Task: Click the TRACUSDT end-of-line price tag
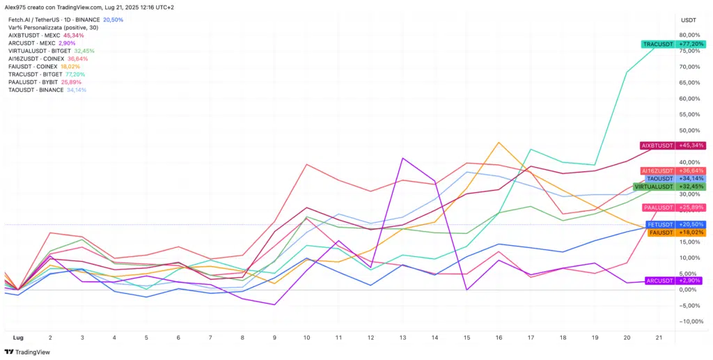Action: [x=673, y=44]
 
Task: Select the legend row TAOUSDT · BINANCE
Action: [x=36, y=90]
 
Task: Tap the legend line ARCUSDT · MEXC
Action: [x=32, y=43]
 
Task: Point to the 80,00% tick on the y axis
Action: [x=690, y=35]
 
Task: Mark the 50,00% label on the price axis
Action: [x=690, y=130]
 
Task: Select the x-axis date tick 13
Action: [x=402, y=337]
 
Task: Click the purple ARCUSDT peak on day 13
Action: [x=403, y=158]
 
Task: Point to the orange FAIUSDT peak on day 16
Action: [x=499, y=143]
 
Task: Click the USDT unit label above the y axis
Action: [x=689, y=19]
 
